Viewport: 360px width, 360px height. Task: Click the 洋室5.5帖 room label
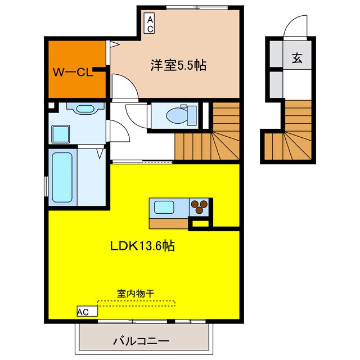pyautogui.click(x=178, y=66)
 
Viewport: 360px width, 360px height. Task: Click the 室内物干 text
pyautogui.click(x=136, y=294)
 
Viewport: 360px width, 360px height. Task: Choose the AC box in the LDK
pyautogui.click(x=82, y=310)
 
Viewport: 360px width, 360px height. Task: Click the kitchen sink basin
pyautogui.click(x=166, y=206)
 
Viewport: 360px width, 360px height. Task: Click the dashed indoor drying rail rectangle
pyautogui.click(x=136, y=303)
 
